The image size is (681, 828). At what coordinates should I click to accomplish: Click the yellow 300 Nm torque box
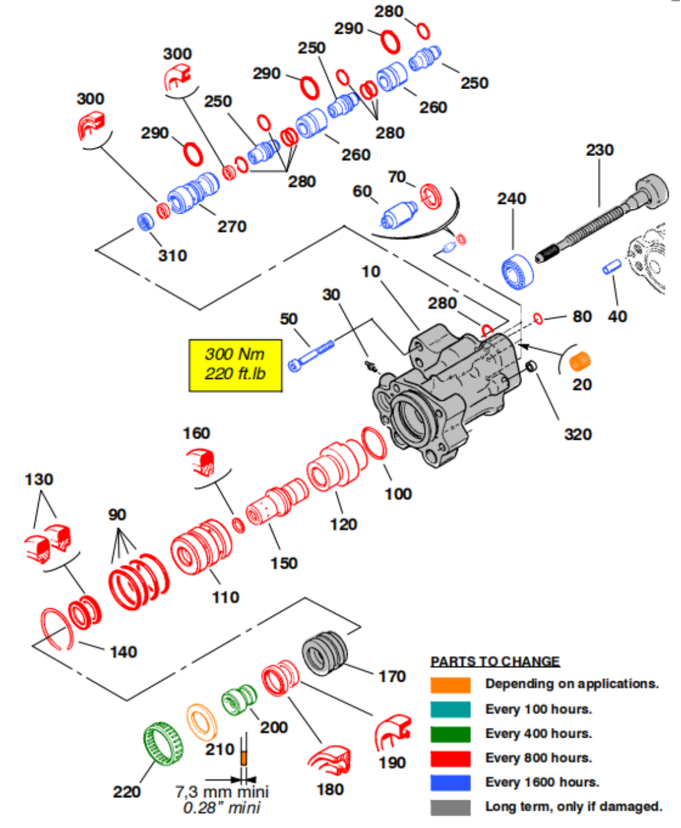pos(235,365)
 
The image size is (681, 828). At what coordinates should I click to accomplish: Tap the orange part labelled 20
pos(580,361)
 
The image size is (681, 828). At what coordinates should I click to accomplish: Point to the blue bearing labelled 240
pos(517,271)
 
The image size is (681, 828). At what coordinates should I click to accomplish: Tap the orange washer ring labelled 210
pos(201,722)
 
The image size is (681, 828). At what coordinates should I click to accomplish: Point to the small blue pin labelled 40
pos(612,267)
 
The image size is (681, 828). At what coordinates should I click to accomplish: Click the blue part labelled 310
pos(145,221)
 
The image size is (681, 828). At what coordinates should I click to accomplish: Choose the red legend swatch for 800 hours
pos(450,759)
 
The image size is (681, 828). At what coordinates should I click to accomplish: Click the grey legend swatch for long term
pos(450,807)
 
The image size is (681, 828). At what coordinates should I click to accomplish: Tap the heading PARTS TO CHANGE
pos(495,662)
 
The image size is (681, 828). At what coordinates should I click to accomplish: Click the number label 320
pos(578,434)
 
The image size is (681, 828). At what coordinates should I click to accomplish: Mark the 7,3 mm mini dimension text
pos(222,792)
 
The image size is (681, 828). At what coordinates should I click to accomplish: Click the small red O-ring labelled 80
pos(538,318)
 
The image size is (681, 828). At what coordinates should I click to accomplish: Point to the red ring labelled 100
pos(374,443)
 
